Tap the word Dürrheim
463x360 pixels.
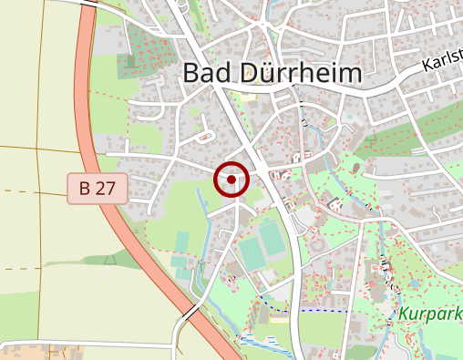coord(298,73)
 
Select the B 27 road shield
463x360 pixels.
coord(97,189)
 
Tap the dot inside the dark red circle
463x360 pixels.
coord(231,180)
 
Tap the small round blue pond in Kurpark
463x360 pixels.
coord(416,283)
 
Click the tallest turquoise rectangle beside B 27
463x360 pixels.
coord(181,241)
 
